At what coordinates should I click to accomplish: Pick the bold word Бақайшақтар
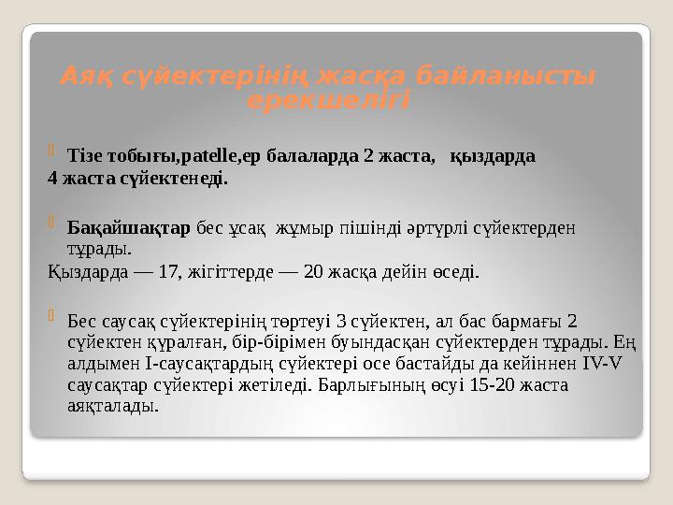click(x=130, y=227)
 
